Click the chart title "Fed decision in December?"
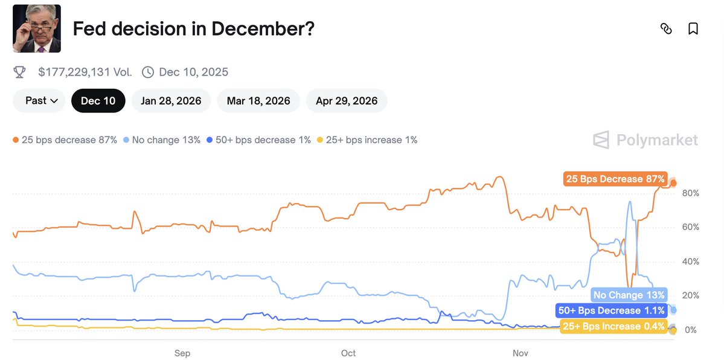(193, 28)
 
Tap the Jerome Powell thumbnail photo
(36, 28)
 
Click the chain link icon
(666, 28)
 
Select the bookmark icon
(693, 28)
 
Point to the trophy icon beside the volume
(20, 72)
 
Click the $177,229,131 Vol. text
(85, 72)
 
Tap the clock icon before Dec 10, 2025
(148, 72)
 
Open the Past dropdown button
(39, 101)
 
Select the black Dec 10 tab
(98, 101)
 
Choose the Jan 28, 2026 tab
(171, 101)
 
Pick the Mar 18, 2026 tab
(258, 101)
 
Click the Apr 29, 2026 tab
(347, 101)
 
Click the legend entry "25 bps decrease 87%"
(65, 140)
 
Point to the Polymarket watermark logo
(646, 140)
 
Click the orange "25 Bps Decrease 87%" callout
(615, 179)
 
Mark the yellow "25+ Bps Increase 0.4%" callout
(613, 327)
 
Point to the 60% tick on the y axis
(690, 228)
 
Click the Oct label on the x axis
(348, 353)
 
